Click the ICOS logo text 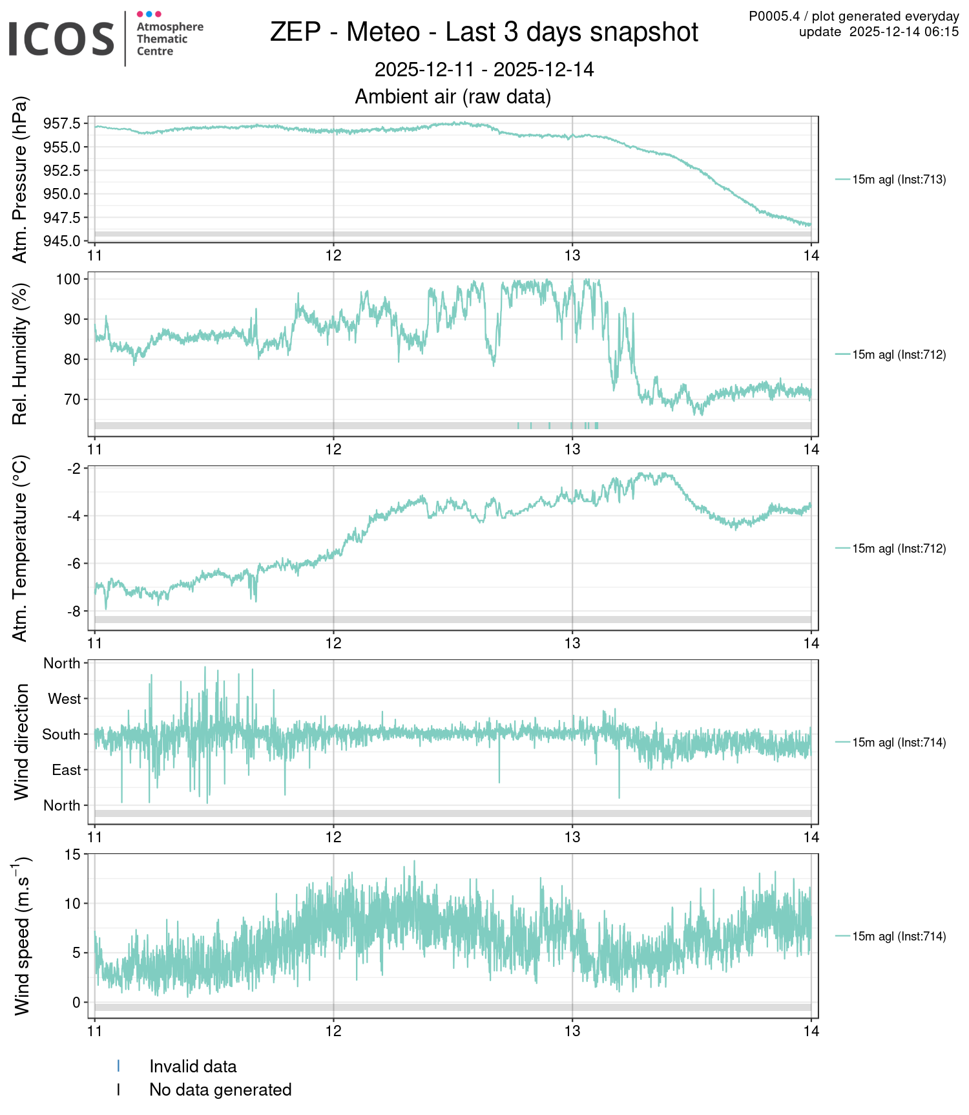tap(61, 38)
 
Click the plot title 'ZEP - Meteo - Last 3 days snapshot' tap(484, 32)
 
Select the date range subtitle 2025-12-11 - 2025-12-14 tap(484, 70)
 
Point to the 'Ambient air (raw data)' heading tap(453, 97)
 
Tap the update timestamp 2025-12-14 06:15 tap(903, 32)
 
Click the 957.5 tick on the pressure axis tap(62, 123)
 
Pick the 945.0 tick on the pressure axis tap(62, 241)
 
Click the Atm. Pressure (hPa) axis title tap(21, 180)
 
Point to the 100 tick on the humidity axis tap(68, 279)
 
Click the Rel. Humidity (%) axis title tap(21, 354)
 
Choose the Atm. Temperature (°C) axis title tap(21, 548)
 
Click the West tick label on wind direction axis tap(64, 699)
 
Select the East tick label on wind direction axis tap(66, 770)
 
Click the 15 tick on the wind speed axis tap(72, 855)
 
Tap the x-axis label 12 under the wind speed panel tap(333, 1032)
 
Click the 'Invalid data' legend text tap(193, 1067)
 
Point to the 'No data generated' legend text tap(220, 1090)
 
